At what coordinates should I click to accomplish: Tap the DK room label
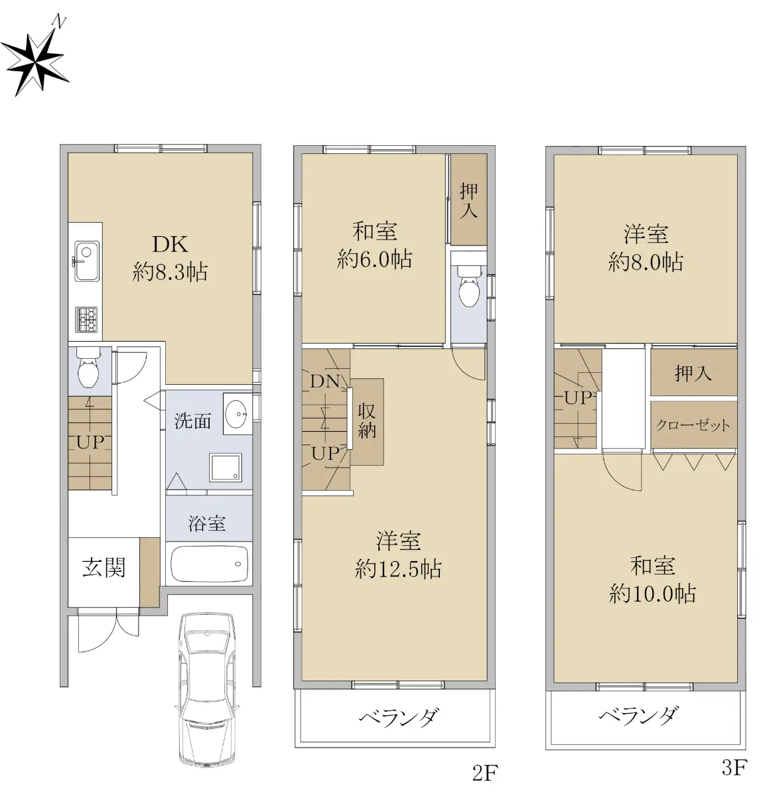(171, 244)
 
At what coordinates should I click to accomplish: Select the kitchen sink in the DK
(87, 261)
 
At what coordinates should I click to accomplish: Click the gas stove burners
(86, 320)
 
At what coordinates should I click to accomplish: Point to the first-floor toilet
(89, 367)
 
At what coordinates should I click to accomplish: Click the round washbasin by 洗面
(236, 413)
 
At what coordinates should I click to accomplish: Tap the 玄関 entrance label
(104, 567)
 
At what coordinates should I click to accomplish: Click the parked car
(207, 690)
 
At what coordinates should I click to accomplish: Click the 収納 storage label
(367, 421)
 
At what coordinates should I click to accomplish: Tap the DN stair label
(325, 381)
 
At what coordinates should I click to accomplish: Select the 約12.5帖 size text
(397, 569)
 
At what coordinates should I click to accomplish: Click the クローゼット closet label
(693, 425)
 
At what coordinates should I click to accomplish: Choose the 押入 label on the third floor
(693, 373)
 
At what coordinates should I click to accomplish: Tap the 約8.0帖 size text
(646, 262)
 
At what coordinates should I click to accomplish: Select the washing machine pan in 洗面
(226, 467)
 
